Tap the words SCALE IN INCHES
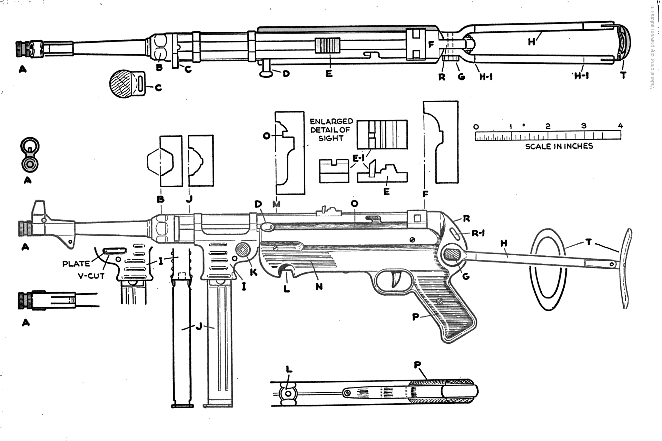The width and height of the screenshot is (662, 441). click(559, 146)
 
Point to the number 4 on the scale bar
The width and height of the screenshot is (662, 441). click(621, 126)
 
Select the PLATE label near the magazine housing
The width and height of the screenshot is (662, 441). click(76, 264)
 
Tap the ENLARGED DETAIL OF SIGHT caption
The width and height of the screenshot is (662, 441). click(331, 130)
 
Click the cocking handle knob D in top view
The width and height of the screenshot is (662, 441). click(266, 74)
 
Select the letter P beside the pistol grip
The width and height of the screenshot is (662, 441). click(415, 316)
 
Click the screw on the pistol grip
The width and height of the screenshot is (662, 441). click(440, 301)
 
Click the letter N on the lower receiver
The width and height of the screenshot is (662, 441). click(319, 286)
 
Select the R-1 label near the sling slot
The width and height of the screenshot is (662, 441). click(478, 234)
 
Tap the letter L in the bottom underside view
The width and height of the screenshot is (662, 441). click(289, 370)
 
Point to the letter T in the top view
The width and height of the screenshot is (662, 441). click(623, 75)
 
